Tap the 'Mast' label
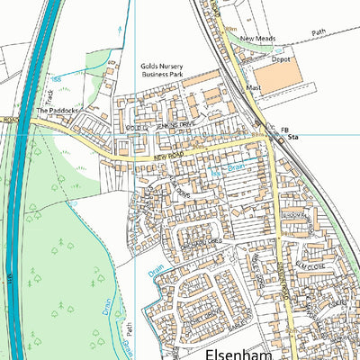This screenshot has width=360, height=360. pyautogui.click(x=255, y=88)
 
